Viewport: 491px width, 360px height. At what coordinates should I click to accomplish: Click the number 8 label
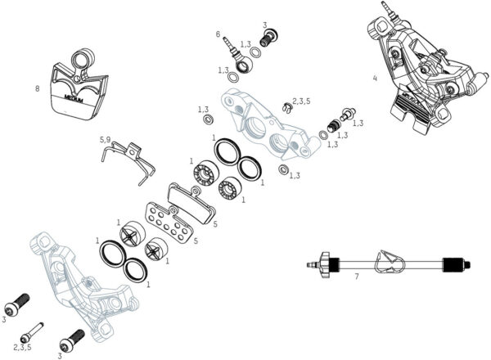click(x=37, y=88)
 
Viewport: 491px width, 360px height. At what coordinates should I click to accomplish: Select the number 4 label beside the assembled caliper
click(x=375, y=79)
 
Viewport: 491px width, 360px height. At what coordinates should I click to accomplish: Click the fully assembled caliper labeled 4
click(x=418, y=70)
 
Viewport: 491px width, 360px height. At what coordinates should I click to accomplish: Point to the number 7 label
click(x=356, y=277)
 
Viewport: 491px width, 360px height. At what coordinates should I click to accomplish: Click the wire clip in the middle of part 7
click(x=384, y=263)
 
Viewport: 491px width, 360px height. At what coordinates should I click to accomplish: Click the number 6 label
click(x=218, y=34)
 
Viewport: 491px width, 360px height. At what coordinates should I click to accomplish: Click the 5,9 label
click(x=105, y=140)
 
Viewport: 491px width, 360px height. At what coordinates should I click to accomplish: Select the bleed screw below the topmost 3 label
click(x=266, y=38)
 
